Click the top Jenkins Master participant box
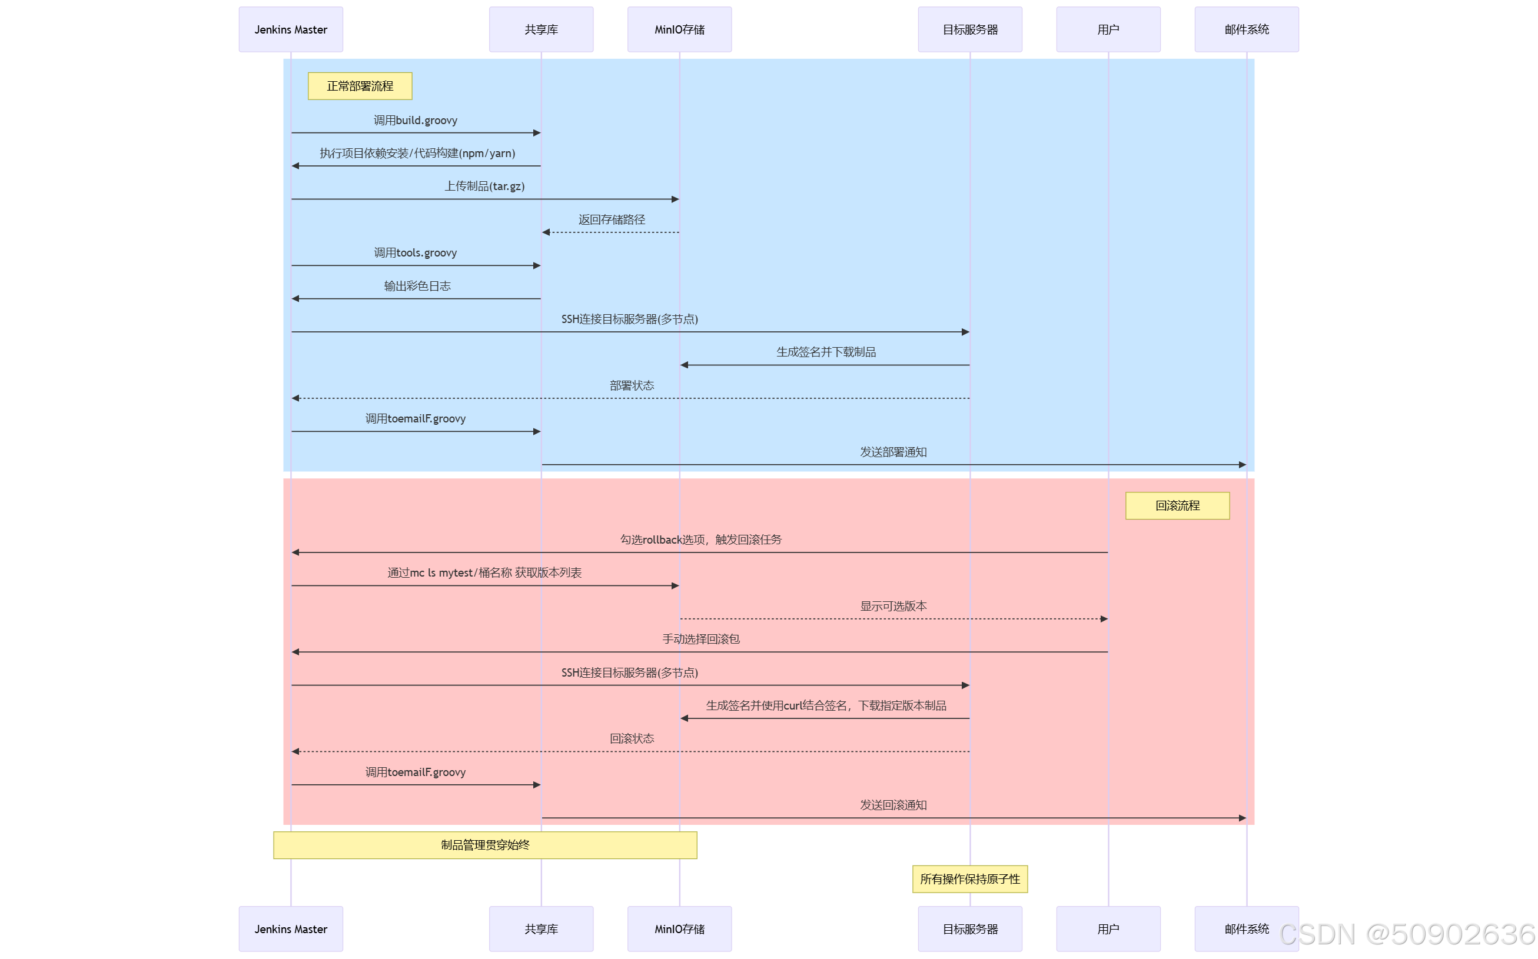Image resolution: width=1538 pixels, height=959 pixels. [291, 30]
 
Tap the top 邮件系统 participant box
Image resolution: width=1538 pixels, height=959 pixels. [1246, 30]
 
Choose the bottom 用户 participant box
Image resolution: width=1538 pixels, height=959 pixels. [1108, 928]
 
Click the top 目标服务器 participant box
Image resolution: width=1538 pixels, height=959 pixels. [969, 30]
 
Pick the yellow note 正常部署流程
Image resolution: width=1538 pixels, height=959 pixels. [360, 86]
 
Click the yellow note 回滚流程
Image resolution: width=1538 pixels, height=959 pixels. [1177, 505]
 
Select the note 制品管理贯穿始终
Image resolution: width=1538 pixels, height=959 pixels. [485, 845]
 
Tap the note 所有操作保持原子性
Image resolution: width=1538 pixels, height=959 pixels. [969, 879]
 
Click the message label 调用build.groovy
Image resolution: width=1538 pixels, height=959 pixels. [415, 121]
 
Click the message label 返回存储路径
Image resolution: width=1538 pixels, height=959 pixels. [611, 219]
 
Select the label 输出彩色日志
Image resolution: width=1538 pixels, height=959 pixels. [417, 286]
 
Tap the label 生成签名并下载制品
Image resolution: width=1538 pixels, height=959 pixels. [825, 352]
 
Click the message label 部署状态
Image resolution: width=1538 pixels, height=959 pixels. [632, 385]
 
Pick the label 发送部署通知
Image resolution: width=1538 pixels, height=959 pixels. [893, 452]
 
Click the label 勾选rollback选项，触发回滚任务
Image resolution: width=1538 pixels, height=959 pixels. [700, 540]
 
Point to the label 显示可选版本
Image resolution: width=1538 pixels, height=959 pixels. [893, 607]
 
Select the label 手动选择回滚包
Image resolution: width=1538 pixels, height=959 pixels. [700, 640]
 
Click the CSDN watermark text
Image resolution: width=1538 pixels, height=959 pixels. [1407, 934]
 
